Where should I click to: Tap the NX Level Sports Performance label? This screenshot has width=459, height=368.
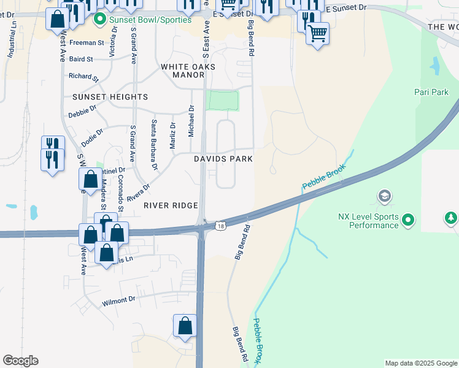tap(369, 221)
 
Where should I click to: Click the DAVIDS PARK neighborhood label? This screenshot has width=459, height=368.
tap(223, 159)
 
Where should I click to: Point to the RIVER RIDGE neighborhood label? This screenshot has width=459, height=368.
tap(171, 206)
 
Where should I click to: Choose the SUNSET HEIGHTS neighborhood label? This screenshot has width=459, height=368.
tap(110, 97)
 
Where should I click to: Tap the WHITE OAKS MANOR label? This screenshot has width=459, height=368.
tap(182, 71)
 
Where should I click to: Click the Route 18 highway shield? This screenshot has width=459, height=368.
tap(220, 226)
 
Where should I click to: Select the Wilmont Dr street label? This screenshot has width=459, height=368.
tap(118, 300)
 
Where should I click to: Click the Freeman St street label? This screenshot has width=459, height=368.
tap(87, 43)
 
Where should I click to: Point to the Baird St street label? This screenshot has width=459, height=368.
tap(80, 59)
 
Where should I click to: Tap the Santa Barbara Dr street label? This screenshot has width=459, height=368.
tap(154, 145)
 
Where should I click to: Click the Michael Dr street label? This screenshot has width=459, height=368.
tap(191, 121)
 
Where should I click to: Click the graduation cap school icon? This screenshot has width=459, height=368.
tap(385, 196)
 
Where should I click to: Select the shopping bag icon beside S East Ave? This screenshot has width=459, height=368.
tap(185, 326)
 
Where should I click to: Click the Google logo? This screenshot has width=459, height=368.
tap(20, 361)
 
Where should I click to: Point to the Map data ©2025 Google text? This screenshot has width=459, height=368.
tap(421, 363)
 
